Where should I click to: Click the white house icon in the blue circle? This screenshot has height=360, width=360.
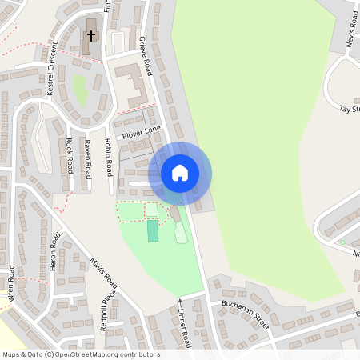pos(180,172)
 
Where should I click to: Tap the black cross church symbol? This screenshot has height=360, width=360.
pos(91,36)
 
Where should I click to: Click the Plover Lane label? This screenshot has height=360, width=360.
pos(142,132)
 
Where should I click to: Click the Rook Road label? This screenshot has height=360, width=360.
pos(70,157)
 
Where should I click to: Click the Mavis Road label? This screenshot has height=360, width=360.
pos(104,273)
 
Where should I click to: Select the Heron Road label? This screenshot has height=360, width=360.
pos(55,252)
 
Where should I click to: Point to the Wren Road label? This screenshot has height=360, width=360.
pos(11,282)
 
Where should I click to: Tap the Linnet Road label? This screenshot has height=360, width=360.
pos(186,328)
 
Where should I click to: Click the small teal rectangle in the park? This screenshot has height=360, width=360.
pos(153,231)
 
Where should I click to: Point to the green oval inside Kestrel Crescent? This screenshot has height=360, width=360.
pos(80,89)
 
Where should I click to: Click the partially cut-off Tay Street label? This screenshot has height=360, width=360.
pos(350,109)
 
